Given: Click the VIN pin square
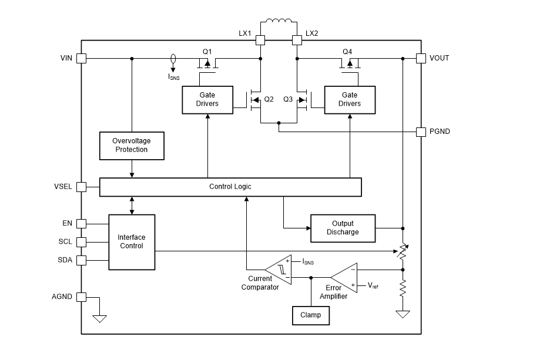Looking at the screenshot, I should [82, 58].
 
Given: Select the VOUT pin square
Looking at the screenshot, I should [421, 58].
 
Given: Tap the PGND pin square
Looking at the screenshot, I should [421, 132].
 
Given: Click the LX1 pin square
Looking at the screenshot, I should [260, 40].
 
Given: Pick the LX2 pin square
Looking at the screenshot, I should [297, 40].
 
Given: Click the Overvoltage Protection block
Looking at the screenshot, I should [132, 145].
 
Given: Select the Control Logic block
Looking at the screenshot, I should [230, 187].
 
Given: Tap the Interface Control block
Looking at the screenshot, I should [132, 242].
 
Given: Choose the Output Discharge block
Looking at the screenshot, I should [343, 227].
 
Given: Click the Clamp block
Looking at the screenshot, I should [311, 315].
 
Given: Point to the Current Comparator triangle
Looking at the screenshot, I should [278, 269].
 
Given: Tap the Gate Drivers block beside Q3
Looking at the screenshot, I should [350, 99].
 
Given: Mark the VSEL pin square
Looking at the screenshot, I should [82, 187].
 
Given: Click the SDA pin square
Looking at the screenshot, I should [82, 260].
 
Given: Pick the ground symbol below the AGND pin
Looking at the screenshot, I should [100, 318].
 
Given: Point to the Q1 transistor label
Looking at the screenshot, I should [207, 52].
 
